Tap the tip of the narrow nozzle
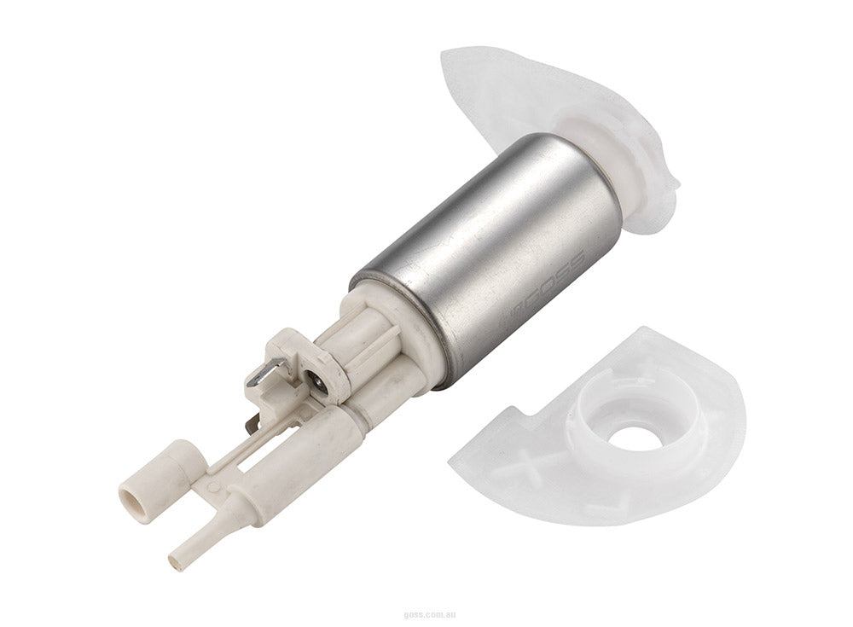click(177, 560)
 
